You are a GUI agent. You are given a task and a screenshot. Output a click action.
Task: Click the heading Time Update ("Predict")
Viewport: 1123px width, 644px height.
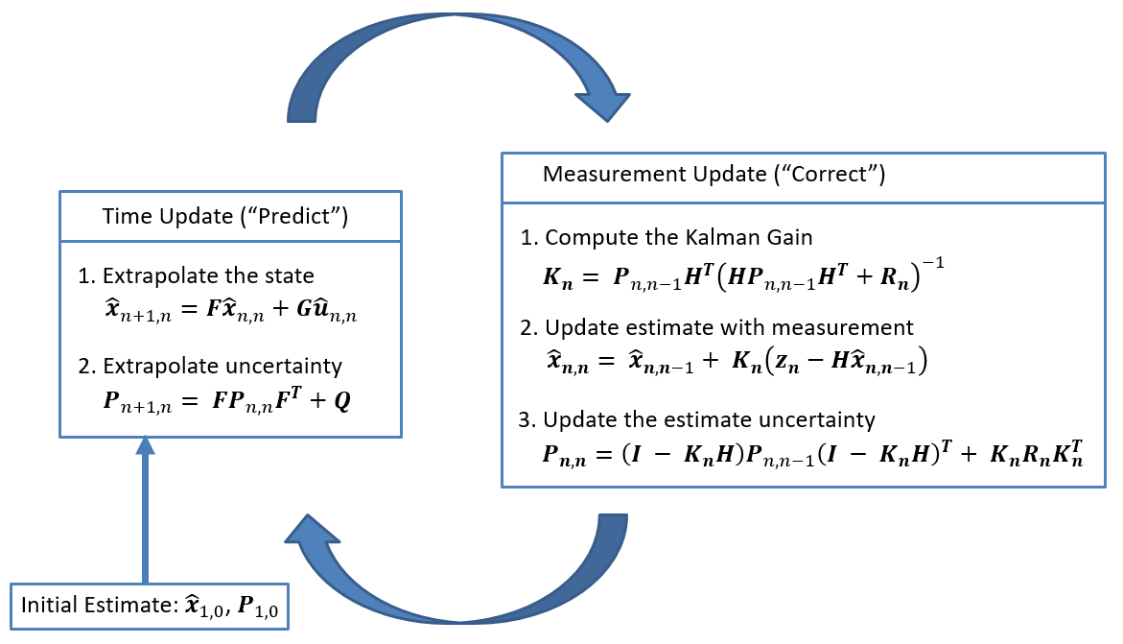[x=224, y=218]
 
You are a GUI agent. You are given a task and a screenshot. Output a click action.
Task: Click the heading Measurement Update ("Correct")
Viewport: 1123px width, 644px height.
[x=714, y=175]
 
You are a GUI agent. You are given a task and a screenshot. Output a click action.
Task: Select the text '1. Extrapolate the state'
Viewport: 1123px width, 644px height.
[x=196, y=276]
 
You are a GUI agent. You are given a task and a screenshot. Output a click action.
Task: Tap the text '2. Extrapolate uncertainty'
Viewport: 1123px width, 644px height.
[x=210, y=366]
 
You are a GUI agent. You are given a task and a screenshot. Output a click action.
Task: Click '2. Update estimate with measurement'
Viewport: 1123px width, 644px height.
[x=717, y=327]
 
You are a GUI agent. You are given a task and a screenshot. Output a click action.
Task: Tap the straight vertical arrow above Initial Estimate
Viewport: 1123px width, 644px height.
[x=145, y=509]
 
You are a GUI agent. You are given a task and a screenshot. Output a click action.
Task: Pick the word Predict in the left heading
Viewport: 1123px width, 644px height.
[x=303, y=218]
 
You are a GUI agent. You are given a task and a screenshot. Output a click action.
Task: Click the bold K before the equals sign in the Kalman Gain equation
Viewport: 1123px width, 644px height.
[x=553, y=276]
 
